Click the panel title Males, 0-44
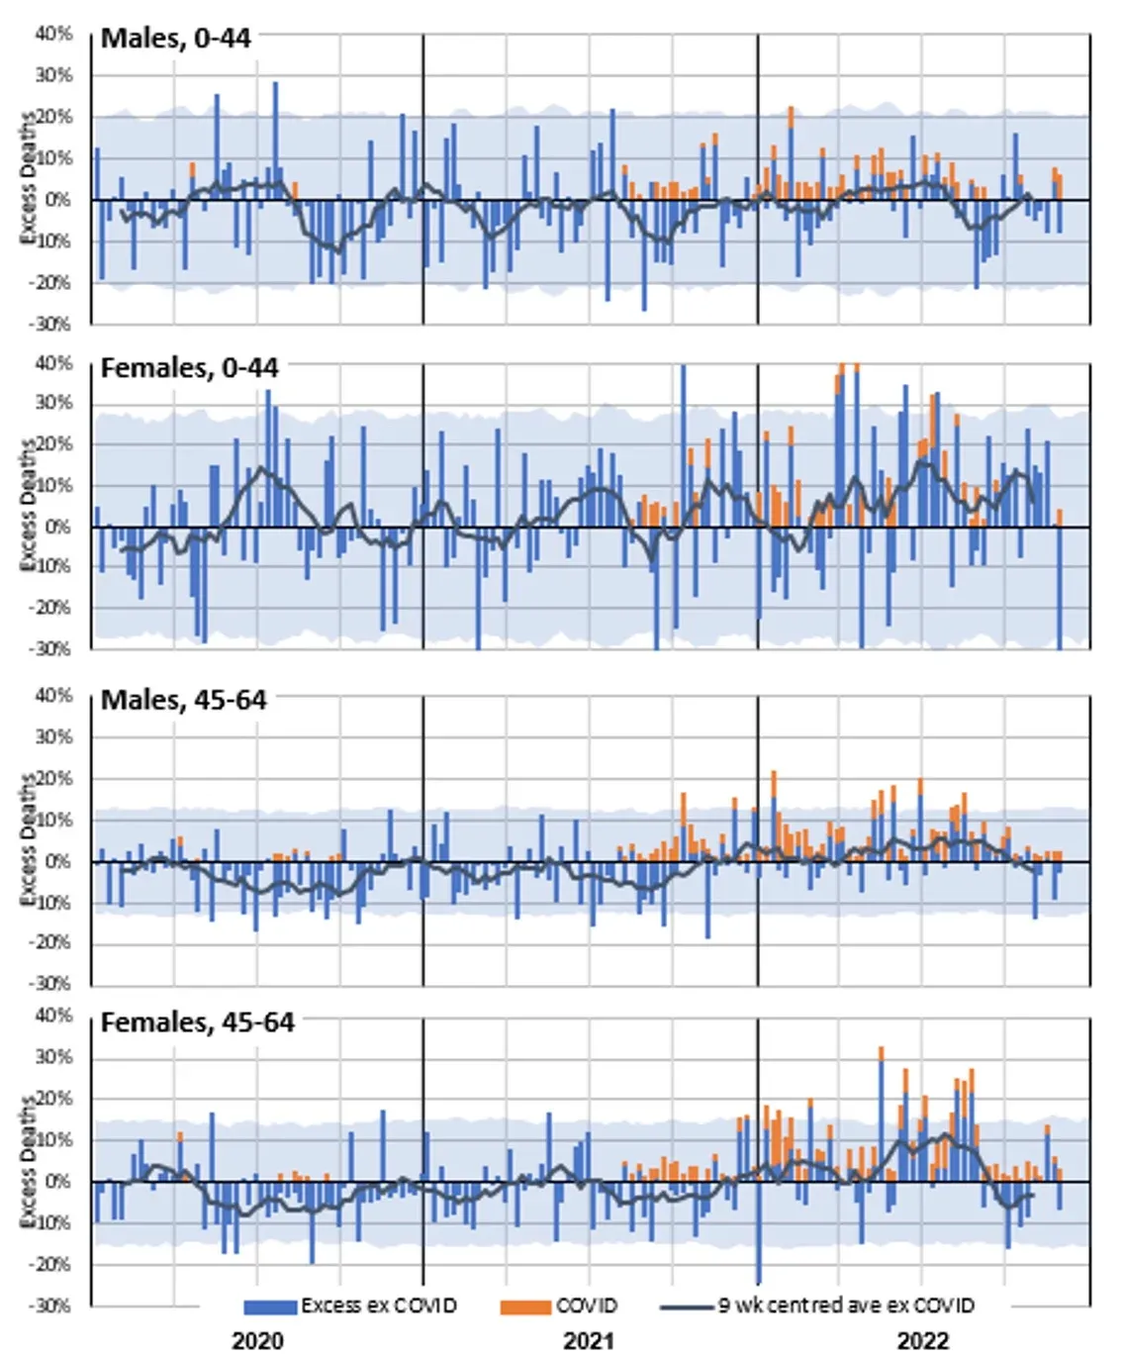[176, 39]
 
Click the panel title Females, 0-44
[190, 368]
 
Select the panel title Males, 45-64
[184, 700]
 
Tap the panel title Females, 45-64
[198, 1022]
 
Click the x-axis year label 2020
[257, 1340]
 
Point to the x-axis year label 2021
[589, 1340]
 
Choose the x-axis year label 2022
[922, 1340]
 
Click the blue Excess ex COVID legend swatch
[270, 1307]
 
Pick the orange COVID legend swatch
[525, 1307]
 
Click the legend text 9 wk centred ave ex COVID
[846, 1306]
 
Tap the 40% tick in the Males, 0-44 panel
[54, 34]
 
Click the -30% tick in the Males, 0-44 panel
[52, 324]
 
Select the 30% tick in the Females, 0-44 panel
[54, 403]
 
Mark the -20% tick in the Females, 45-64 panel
[52, 1264]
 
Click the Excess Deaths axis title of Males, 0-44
[28, 178]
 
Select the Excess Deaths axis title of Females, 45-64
[28, 1163]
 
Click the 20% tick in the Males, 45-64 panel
[54, 778]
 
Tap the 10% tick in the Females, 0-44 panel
[54, 485]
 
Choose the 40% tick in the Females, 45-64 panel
[54, 1016]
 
